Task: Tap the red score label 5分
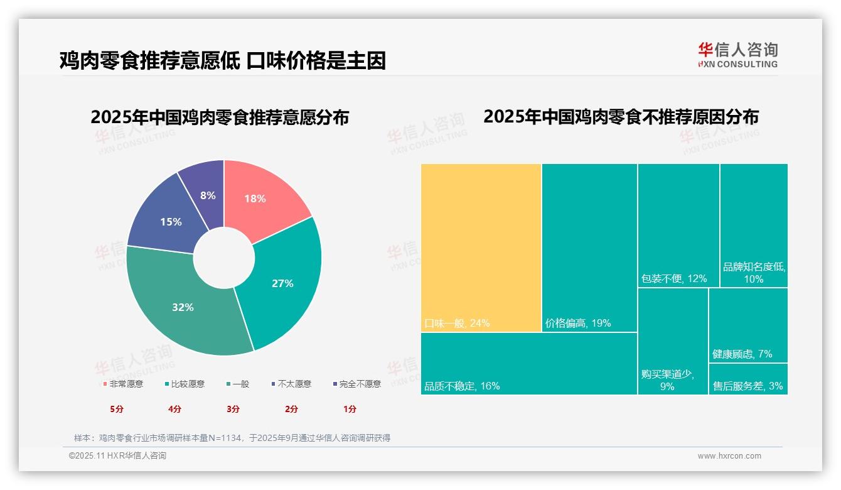117,409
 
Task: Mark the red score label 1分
350,409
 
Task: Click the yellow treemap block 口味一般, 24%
481,248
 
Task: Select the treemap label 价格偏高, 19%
578,324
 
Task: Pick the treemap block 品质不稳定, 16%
528,363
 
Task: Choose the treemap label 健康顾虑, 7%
742,354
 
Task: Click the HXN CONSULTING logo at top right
737,55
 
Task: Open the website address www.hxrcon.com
729,456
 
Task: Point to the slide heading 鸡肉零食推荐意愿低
150,60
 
